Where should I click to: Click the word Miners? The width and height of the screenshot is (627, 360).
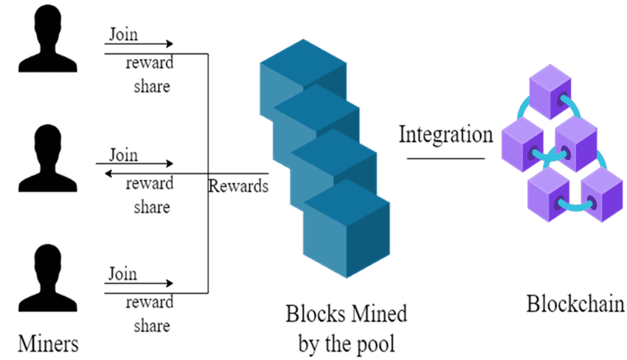tap(49, 343)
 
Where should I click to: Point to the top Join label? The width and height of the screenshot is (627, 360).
tap(123, 34)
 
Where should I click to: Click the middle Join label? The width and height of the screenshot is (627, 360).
tap(123, 155)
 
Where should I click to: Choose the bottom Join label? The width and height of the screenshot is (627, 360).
tap(123, 274)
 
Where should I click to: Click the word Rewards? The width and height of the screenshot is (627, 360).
tap(238, 186)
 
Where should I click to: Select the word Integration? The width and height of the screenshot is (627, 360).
tap(446, 135)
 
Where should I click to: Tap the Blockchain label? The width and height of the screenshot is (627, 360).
tap(575, 303)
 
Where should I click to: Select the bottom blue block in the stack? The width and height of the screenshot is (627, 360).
tap(347, 229)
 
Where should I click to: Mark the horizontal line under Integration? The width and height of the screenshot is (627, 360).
tap(446, 156)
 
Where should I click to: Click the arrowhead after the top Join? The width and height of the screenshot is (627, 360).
tap(170, 44)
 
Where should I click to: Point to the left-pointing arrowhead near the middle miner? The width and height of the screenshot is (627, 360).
tap(108, 174)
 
